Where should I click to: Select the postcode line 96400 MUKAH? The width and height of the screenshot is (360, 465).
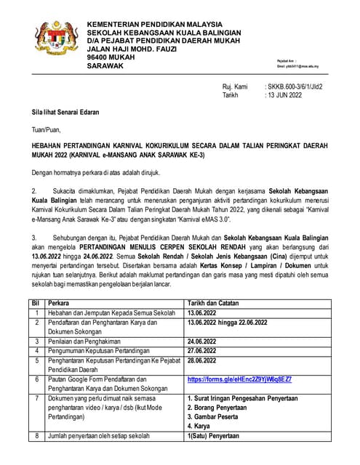[109, 56]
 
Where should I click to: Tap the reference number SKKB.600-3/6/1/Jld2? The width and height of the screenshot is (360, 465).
[295, 86]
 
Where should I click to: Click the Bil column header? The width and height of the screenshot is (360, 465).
[34, 302]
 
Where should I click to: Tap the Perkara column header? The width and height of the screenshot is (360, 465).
[60, 302]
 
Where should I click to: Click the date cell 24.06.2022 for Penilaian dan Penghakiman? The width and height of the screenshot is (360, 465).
[206, 340]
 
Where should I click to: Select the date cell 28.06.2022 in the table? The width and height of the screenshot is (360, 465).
[206, 360]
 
